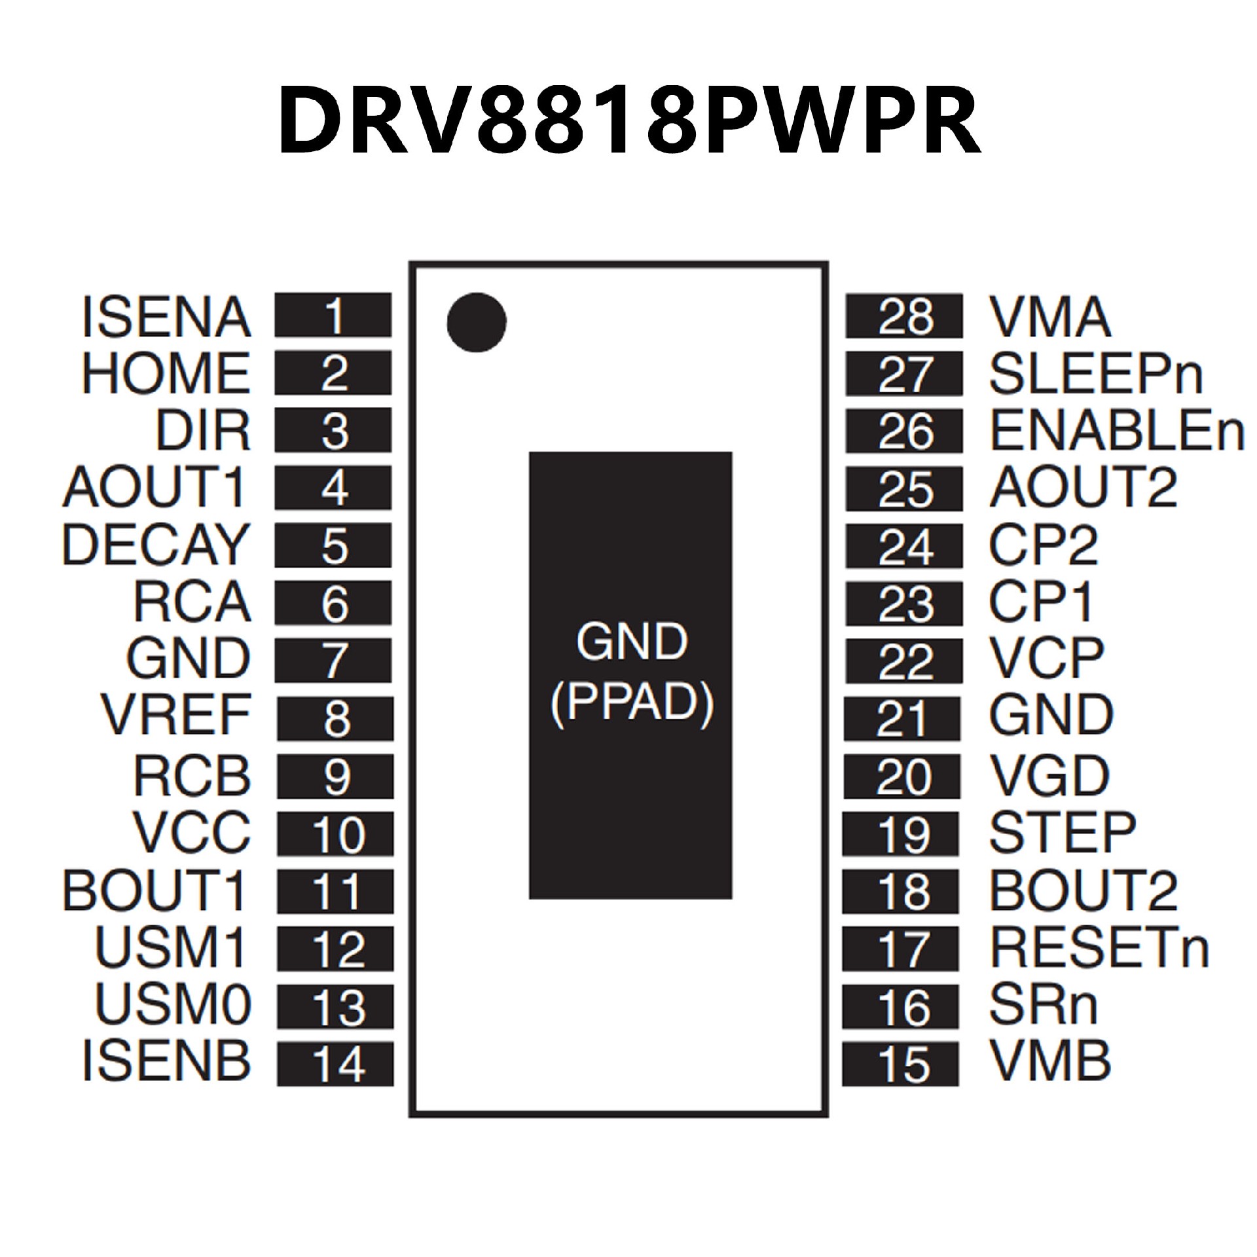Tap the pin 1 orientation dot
tap(477, 322)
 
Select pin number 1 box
tap(333, 316)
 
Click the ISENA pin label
tap(167, 318)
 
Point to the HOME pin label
tap(166, 374)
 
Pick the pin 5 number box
tap(333, 545)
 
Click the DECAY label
tap(155, 545)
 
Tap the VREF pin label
tap(176, 716)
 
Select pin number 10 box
tap(335, 834)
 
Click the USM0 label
tap(173, 1004)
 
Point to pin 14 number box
tap(335, 1064)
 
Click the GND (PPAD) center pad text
tap(631, 673)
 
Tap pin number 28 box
tap(904, 317)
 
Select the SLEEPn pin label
tap(1095, 374)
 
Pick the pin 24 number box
tap(904, 546)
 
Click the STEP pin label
tap(1062, 833)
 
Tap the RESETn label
tap(1099, 947)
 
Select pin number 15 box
tap(901, 1064)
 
